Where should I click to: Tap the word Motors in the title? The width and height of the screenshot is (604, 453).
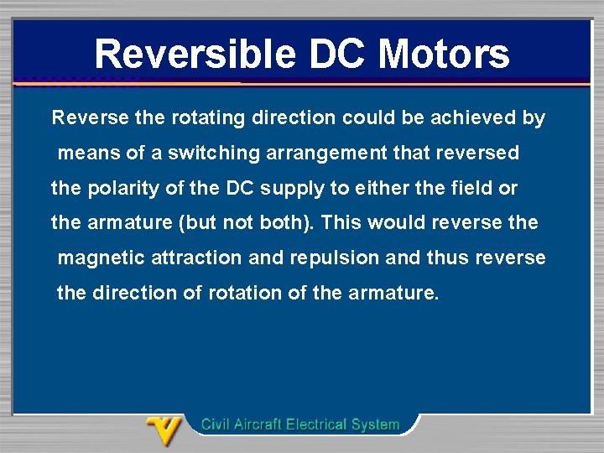pos(444,54)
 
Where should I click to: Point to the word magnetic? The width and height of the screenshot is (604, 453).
pos(94,259)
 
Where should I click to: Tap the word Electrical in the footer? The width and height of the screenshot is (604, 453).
pos(320,424)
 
